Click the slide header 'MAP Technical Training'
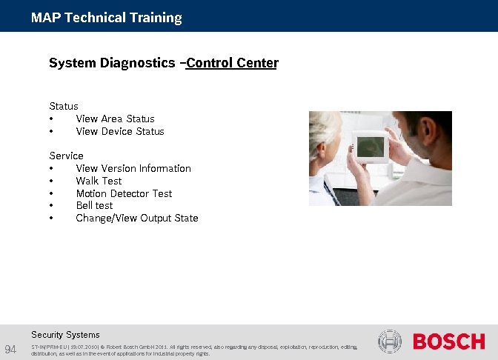click(106, 18)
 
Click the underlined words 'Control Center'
click(232, 63)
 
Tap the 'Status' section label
click(64, 106)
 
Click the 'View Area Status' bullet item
click(115, 119)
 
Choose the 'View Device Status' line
click(120, 131)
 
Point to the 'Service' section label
click(66, 156)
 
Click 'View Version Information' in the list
click(133, 168)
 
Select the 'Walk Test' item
click(99, 181)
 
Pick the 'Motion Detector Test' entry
click(124, 193)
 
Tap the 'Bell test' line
click(94, 205)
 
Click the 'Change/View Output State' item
click(137, 218)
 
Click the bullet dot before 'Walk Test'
click(51, 181)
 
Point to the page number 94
click(11, 349)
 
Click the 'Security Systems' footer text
click(65, 335)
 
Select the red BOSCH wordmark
click(448, 341)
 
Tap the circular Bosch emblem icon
click(390, 341)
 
